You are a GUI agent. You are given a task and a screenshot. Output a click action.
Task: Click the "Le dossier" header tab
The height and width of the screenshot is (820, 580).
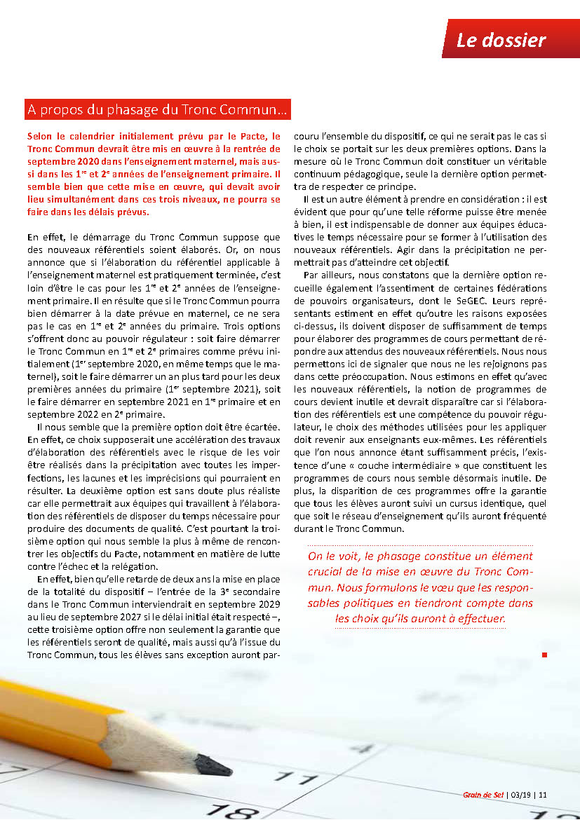(501, 40)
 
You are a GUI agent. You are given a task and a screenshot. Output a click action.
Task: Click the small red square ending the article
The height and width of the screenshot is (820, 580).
(544, 655)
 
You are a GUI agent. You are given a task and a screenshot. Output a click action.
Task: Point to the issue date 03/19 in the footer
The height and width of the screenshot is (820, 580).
(520, 795)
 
